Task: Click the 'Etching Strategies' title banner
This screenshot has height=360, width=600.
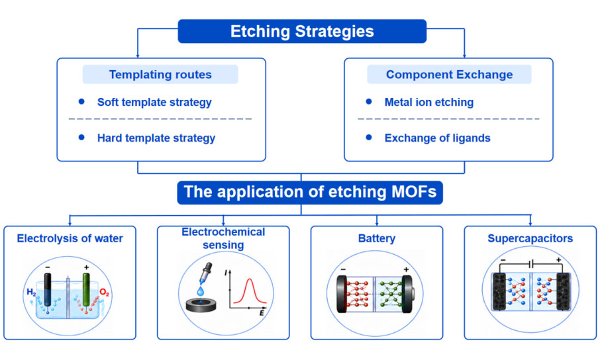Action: [x=302, y=31]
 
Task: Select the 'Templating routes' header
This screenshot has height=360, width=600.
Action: [x=160, y=74]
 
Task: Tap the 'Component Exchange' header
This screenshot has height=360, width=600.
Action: [x=449, y=74]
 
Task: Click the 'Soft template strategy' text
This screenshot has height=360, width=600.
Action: [x=154, y=102]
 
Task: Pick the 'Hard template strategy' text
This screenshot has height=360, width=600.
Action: [x=156, y=138]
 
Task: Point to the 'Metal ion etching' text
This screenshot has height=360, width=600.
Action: [x=429, y=102]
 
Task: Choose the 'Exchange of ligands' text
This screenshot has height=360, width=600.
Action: [x=437, y=138]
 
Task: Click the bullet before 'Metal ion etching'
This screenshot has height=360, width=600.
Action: [x=369, y=101]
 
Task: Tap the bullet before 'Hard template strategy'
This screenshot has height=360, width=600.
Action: [x=81, y=137]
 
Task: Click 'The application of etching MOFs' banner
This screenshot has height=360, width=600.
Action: [x=310, y=193]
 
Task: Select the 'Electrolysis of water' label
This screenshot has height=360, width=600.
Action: [x=70, y=238]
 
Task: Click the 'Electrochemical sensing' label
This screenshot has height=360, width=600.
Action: [x=223, y=238]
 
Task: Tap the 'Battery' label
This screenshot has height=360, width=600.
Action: [x=377, y=238]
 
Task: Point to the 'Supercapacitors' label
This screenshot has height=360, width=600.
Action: [x=530, y=238]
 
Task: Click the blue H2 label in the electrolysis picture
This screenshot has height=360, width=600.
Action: [x=31, y=292]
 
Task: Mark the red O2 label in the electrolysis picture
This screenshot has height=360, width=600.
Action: [x=105, y=292]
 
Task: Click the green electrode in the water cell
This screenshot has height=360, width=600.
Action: [x=86, y=290]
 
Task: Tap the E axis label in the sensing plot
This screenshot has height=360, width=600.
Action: [x=262, y=313]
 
